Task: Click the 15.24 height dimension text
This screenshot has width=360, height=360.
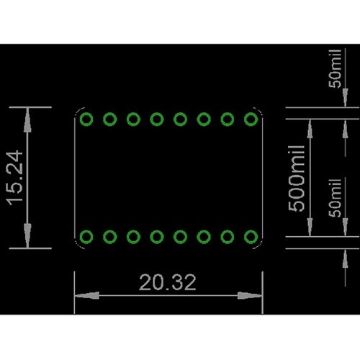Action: (x=17, y=177)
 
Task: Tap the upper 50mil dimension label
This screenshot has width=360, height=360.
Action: (x=336, y=73)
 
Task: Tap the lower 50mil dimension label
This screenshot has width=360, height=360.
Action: (x=336, y=194)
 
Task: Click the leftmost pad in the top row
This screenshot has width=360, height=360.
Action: (x=87, y=118)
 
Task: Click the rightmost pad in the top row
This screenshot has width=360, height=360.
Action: (x=251, y=118)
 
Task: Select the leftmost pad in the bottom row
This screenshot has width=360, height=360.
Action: (x=87, y=236)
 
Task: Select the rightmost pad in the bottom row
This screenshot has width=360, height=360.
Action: (x=251, y=236)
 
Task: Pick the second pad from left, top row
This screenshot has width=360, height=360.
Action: (x=110, y=118)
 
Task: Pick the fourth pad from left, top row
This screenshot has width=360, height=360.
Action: (x=157, y=118)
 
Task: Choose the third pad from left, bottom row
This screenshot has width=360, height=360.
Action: (x=134, y=236)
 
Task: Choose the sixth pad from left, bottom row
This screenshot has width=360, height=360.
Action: (x=204, y=236)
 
